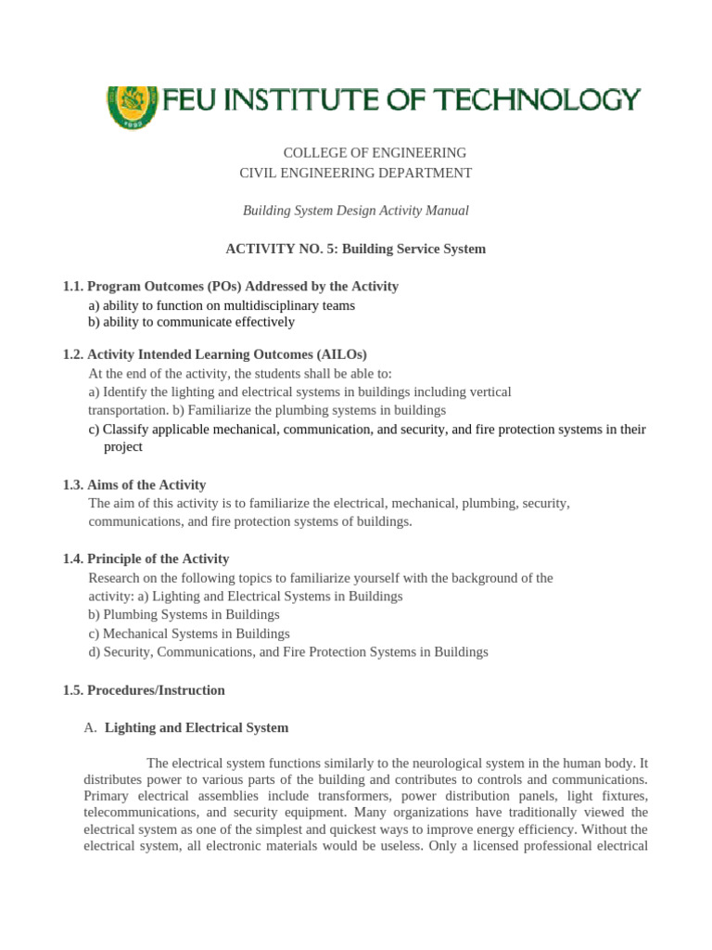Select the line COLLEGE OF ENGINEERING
(x=375, y=153)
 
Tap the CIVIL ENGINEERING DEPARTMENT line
(x=356, y=173)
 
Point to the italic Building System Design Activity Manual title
(x=356, y=212)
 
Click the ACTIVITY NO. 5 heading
(x=356, y=250)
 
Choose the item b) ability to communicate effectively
(x=192, y=323)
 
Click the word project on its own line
(x=122, y=447)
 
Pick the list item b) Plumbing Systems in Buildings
(x=184, y=615)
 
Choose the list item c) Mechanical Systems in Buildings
(x=189, y=634)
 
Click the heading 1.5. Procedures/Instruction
(x=144, y=690)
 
